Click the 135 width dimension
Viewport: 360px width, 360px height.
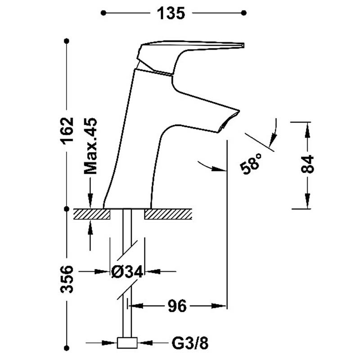coord(171,13)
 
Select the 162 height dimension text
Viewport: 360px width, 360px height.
coord(67,131)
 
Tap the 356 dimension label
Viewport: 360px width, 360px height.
coord(67,279)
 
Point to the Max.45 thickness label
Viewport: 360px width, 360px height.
coord(90,146)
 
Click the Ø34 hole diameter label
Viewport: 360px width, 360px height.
coord(127,272)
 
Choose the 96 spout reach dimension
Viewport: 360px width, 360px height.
coord(177,306)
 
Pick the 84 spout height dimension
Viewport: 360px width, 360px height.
coord(307,164)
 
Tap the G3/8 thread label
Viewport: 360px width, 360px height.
coord(190,343)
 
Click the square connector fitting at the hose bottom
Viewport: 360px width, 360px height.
coord(127,343)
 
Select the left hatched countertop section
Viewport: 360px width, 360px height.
coord(92,214)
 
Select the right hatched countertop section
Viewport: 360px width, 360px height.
coord(168,214)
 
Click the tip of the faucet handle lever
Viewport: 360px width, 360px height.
coord(243,45)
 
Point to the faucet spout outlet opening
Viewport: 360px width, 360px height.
coord(229,121)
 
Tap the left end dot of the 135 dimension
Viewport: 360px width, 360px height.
coord(103,13)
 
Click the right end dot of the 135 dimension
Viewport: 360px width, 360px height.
coord(244,13)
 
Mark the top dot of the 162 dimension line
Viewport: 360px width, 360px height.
coord(67,41)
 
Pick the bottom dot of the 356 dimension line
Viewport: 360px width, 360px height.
coord(67,348)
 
